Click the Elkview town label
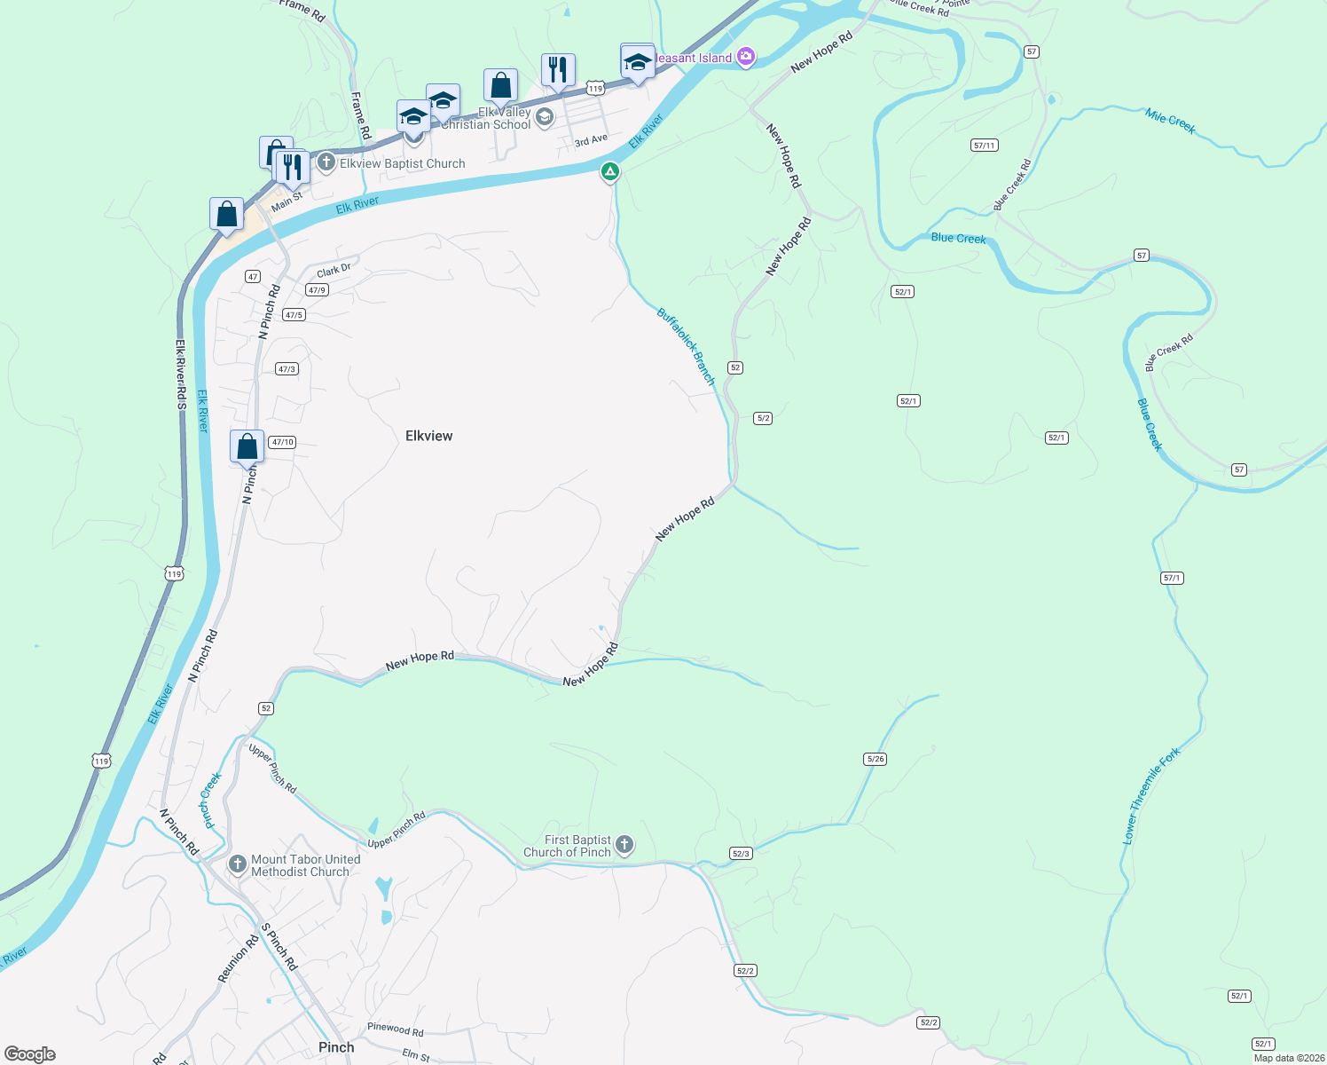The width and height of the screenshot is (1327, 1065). click(x=428, y=436)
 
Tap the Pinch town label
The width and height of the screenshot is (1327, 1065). click(x=336, y=1047)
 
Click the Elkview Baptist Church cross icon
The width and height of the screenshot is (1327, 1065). click(x=326, y=162)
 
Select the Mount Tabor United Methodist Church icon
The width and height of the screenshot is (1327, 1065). click(x=237, y=864)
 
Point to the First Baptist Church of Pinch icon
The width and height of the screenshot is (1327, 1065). click(x=624, y=844)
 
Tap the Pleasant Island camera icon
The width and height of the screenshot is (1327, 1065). click(x=746, y=58)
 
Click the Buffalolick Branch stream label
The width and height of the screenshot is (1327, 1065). click(x=686, y=345)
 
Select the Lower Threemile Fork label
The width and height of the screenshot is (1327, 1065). click(x=1150, y=795)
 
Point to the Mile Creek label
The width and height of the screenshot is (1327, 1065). click(x=1170, y=121)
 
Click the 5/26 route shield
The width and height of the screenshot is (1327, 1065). click(x=875, y=759)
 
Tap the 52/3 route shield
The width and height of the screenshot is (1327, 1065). click(x=741, y=854)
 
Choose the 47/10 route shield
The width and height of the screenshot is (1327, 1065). click(x=282, y=442)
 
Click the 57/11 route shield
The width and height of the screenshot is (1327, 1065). click(x=984, y=146)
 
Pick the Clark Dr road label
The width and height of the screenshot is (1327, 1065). click(x=334, y=271)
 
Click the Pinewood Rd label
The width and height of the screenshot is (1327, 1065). click(x=396, y=1029)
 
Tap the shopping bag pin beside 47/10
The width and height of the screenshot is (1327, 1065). click(x=247, y=446)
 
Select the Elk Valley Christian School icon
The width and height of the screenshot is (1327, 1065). click(x=545, y=117)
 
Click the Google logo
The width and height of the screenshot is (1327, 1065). click(x=30, y=1054)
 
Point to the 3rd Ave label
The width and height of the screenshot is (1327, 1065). click(x=591, y=140)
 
